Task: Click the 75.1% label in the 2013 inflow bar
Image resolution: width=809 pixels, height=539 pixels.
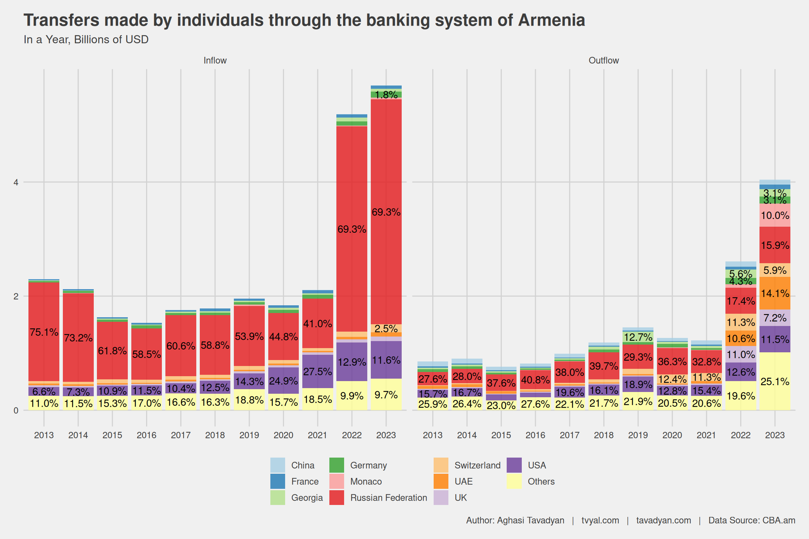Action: (44, 332)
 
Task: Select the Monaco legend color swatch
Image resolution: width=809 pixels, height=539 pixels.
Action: (336, 481)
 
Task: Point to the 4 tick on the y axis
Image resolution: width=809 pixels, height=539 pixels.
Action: (16, 182)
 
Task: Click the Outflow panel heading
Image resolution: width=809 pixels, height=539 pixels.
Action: (604, 60)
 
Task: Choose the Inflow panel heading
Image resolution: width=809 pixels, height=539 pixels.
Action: (215, 60)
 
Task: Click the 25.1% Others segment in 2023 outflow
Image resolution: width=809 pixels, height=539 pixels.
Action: (775, 381)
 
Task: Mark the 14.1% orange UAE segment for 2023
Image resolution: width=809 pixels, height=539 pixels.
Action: (775, 293)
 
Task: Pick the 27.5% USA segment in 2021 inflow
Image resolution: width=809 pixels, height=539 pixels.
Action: (318, 371)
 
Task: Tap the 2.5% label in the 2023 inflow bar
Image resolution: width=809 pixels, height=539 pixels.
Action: (386, 329)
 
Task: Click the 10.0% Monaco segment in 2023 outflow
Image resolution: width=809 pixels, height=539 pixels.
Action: (775, 215)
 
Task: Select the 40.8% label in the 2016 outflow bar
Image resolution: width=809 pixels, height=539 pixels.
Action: (535, 380)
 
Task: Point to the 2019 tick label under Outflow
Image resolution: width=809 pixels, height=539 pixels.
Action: (638, 435)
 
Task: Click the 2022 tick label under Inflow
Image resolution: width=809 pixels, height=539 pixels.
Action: (352, 435)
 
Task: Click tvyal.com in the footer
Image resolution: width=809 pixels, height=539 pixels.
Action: (600, 520)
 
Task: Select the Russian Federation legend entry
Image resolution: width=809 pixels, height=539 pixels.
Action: (388, 498)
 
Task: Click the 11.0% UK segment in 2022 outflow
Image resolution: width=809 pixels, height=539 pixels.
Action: (741, 354)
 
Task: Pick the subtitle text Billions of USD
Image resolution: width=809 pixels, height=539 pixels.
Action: (111, 40)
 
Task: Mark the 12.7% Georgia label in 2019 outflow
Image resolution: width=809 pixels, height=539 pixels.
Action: (638, 337)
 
